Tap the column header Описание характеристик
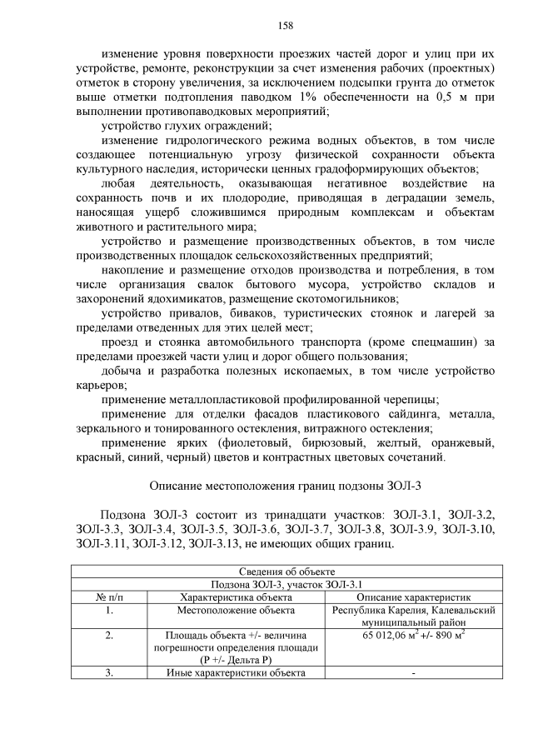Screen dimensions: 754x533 point(413,597)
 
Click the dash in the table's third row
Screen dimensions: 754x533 point(413,674)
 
